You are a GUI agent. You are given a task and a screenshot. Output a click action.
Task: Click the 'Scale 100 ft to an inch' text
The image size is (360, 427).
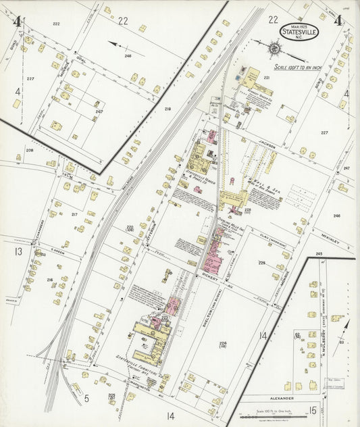click(x=300, y=68)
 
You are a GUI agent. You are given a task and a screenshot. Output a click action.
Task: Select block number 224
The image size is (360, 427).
click(x=222, y=344)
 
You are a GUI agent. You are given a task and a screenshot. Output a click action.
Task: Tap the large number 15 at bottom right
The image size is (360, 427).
click(x=313, y=409)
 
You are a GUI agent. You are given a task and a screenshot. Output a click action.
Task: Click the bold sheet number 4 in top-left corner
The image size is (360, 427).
click(x=16, y=20)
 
